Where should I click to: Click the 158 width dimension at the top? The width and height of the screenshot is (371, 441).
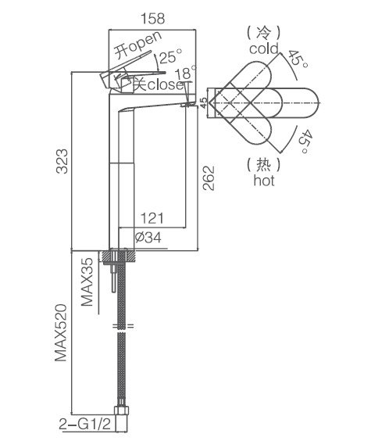pyautogui.click(x=153, y=19)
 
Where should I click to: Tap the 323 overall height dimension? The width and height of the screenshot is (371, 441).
pyautogui.click(x=62, y=161)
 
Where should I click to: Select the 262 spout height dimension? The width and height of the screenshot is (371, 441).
pyautogui.click(x=209, y=178)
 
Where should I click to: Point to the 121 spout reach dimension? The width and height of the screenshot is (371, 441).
pyautogui.click(x=152, y=218)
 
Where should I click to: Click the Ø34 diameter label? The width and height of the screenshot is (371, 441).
pyautogui.click(x=148, y=238)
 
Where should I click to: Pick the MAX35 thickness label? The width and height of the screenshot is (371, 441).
pyautogui.click(x=87, y=281)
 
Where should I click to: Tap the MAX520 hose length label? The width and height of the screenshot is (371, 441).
pyautogui.click(x=61, y=333)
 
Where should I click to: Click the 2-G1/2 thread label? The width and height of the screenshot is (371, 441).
pyautogui.click(x=85, y=424)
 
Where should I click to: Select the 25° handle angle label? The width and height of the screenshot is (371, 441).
pyautogui.click(x=170, y=56)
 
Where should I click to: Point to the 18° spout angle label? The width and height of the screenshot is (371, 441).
pyautogui.click(x=185, y=72)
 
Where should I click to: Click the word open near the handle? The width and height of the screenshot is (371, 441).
pyautogui.click(x=145, y=42)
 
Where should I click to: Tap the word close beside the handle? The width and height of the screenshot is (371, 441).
pyautogui.click(x=166, y=84)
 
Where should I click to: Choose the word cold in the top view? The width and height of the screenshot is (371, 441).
pyautogui.click(x=264, y=48)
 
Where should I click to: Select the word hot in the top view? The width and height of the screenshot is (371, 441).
pyautogui.click(x=264, y=180)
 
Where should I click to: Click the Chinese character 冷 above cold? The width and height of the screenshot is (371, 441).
pyautogui.click(x=264, y=33)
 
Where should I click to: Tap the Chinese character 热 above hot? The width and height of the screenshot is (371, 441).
pyautogui.click(x=264, y=165)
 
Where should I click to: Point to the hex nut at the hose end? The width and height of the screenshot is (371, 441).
pyautogui.click(x=122, y=410)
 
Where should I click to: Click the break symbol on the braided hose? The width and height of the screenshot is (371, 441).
pyautogui.click(x=123, y=326)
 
